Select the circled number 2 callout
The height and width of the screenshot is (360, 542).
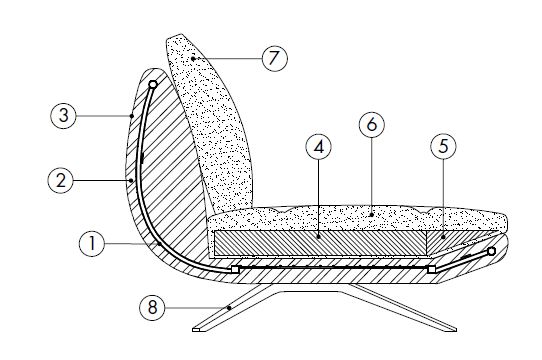click(62, 181)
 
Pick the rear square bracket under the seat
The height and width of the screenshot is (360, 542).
click(235, 269)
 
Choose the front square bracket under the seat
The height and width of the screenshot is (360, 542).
click(432, 268)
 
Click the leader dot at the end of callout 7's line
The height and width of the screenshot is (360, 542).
click(192, 60)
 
